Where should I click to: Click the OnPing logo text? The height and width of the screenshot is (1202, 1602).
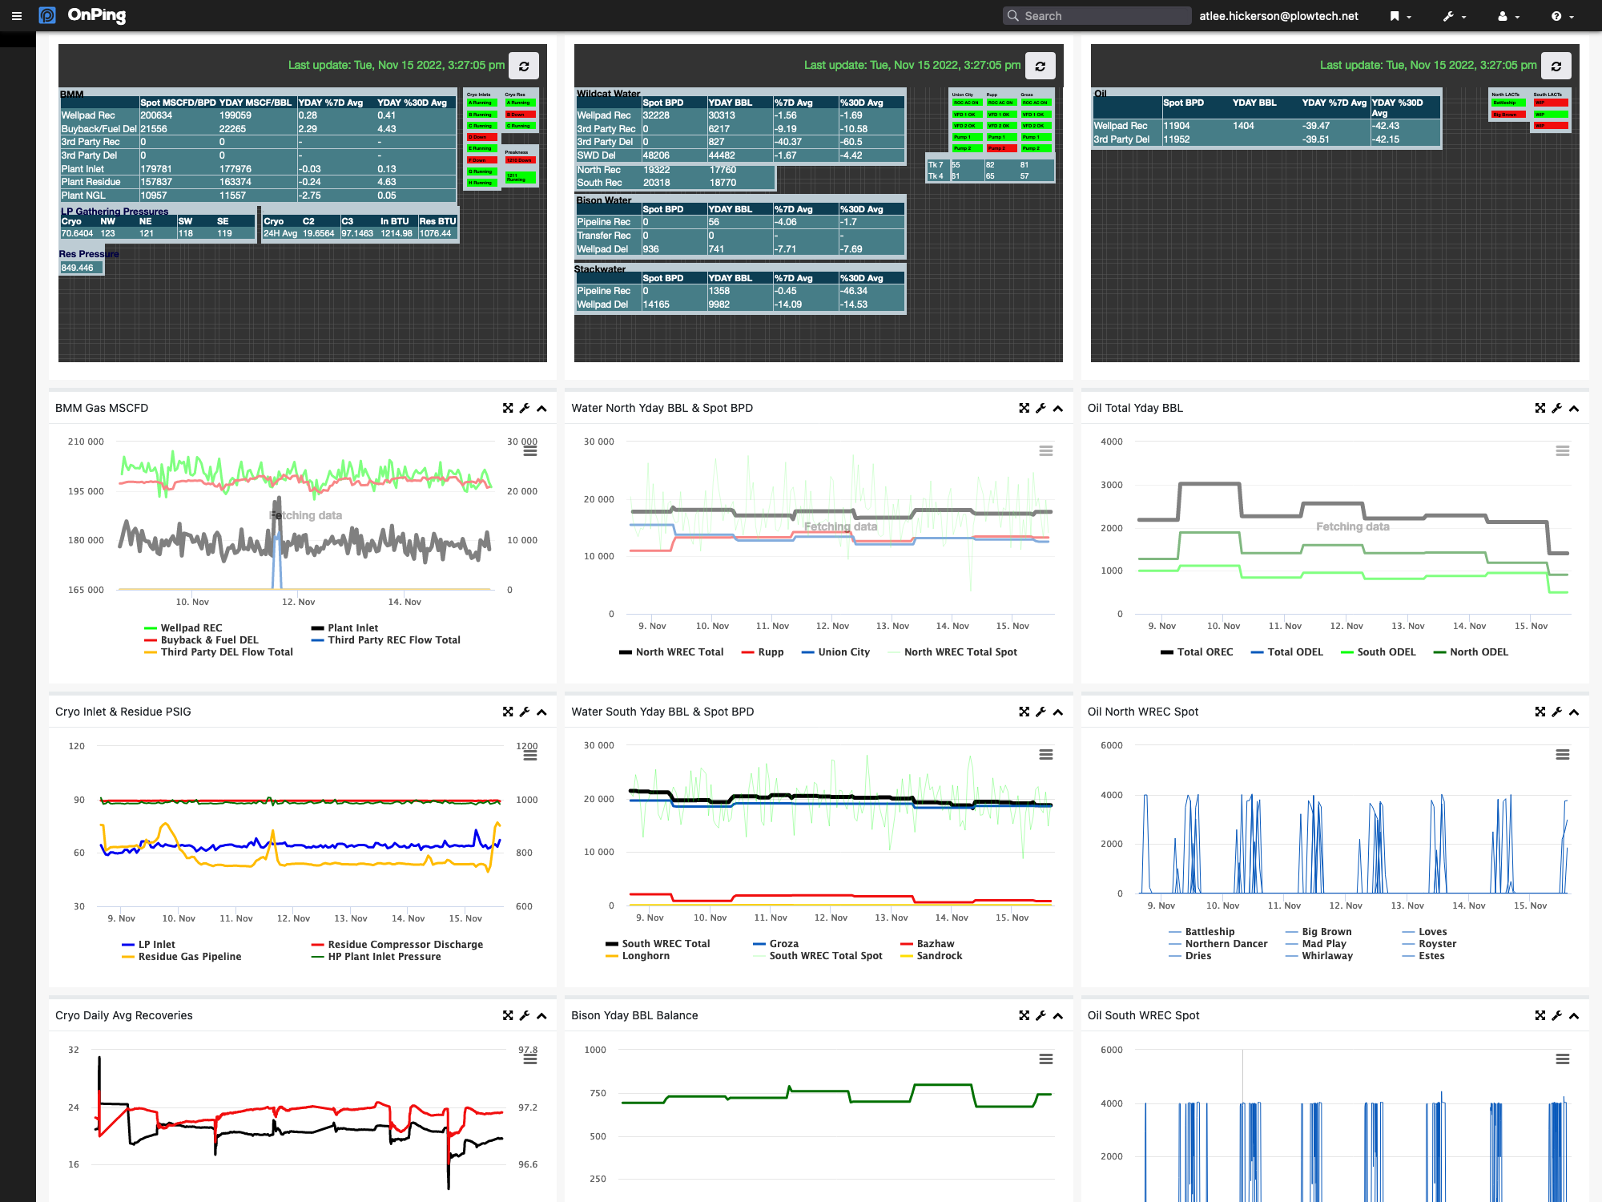click(x=96, y=15)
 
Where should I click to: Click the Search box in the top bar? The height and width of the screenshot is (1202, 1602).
click(x=1097, y=16)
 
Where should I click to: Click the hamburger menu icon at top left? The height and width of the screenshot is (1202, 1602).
click(x=16, y=16)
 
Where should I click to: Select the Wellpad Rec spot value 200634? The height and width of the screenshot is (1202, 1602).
click(x=157, y=115)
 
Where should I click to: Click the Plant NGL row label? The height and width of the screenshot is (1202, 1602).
click(x=83, y=196)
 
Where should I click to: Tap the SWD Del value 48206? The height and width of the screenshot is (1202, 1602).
click(x=656, y=155)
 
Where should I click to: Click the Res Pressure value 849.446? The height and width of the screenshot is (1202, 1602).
click(x=78, y=268)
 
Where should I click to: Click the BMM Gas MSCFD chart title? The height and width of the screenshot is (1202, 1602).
click(x=102, y=408)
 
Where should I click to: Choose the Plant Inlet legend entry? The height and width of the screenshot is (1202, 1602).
click(x=352, y=628)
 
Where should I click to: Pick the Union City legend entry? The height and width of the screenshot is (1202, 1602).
click(x=843, y=652)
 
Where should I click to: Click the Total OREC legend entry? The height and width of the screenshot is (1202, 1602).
click(x=1205, y=652)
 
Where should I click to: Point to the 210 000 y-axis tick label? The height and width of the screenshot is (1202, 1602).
click(x=86, y=442)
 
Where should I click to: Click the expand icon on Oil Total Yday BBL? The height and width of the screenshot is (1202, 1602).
click(x=1540, y=408)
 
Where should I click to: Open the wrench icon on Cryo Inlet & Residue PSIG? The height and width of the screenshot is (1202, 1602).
click(x=525, y=712)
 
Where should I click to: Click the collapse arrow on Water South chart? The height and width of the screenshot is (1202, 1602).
click(x=1058, y=712)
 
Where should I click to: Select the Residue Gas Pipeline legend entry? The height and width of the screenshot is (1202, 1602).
click(x=189, y=957)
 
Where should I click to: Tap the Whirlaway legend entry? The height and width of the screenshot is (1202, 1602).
click(x=1326, y=956)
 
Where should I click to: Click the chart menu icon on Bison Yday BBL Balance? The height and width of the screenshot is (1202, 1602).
click(x=1045, y=1059)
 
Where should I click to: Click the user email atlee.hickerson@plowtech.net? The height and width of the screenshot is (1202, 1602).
click(x=1278, y=16)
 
